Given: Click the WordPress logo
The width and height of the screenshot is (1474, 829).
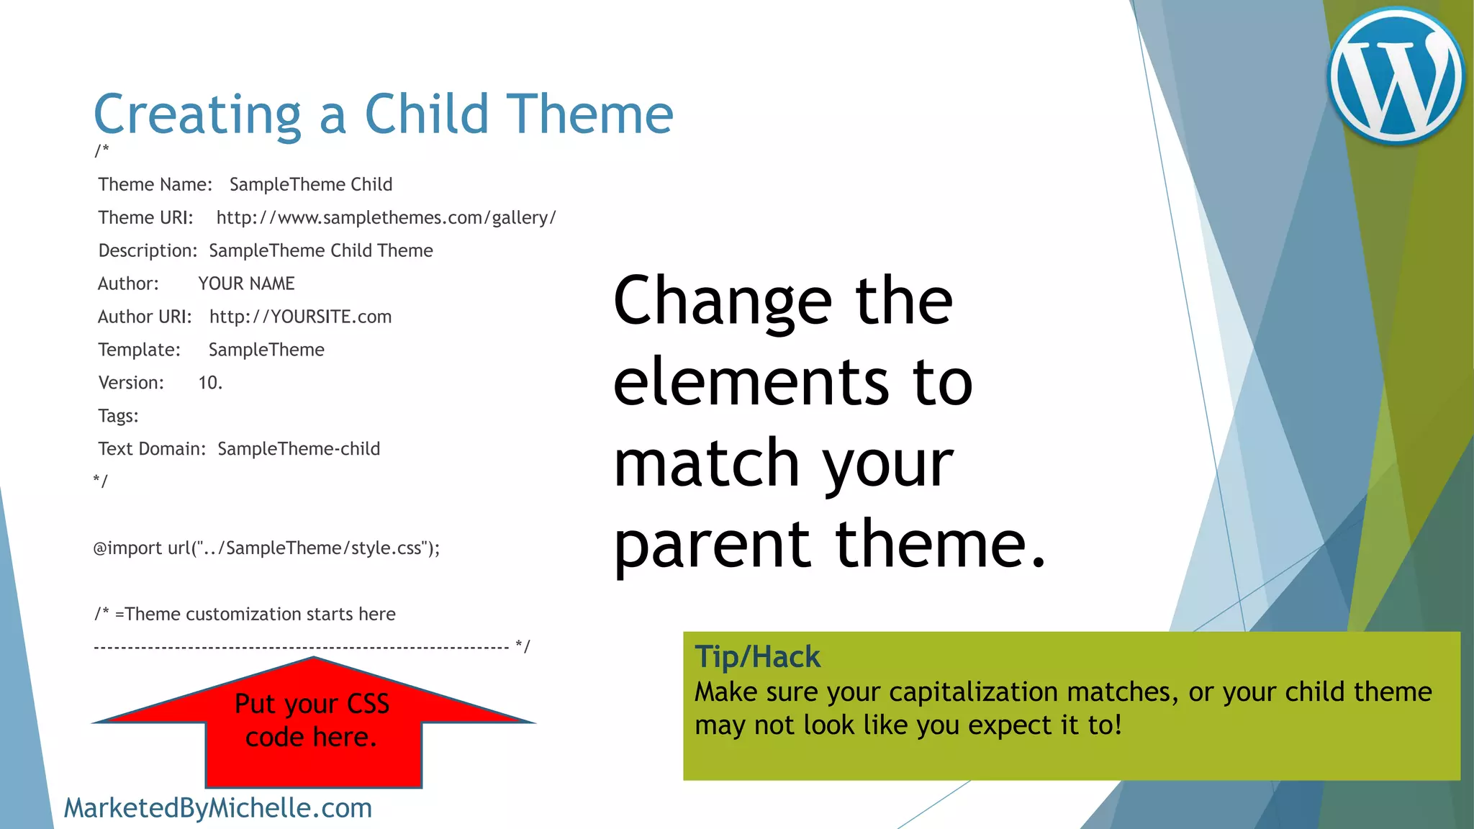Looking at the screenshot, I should coord(1396,76).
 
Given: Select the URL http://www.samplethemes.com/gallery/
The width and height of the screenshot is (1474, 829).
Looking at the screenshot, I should coord(386,218).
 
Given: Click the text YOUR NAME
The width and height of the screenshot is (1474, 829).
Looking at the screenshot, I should coord(246,284).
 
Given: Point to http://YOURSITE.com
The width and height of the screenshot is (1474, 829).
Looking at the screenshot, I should coord(300,317).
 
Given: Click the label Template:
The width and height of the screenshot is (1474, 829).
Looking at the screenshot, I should coord(139,350).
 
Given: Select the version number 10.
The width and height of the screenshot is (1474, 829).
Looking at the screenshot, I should coord(210,383).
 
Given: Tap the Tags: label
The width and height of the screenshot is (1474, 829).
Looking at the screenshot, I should coord(118,416).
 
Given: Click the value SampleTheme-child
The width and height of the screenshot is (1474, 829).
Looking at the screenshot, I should coord(299,449).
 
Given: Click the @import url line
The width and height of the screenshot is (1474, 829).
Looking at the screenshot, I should coord(266,548).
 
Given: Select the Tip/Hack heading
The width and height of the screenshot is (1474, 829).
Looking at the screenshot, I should coord(756,657).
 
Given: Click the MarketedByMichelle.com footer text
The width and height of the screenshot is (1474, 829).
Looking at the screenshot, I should coord(217,808).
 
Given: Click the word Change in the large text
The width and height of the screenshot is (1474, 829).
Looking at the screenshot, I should coord(723,301).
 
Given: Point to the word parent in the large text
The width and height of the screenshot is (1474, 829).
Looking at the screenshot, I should coord(712,545).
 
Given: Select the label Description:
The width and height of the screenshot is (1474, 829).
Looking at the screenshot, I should coord(148,250).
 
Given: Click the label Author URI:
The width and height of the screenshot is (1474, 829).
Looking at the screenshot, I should coord(145,317).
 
